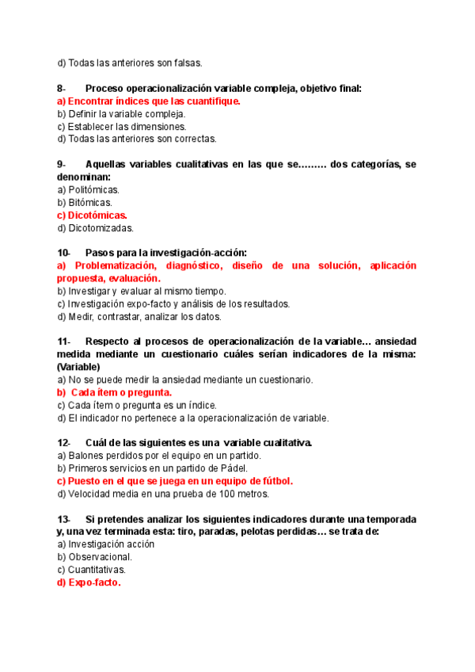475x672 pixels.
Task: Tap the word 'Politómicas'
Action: (x=93, y=189)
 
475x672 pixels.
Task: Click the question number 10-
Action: (x=64, y=252)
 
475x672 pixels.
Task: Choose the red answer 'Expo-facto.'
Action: (x=93, y=582)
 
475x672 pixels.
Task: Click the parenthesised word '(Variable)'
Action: (x=78, y=367)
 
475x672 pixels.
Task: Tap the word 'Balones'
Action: (x=85, y=455)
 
